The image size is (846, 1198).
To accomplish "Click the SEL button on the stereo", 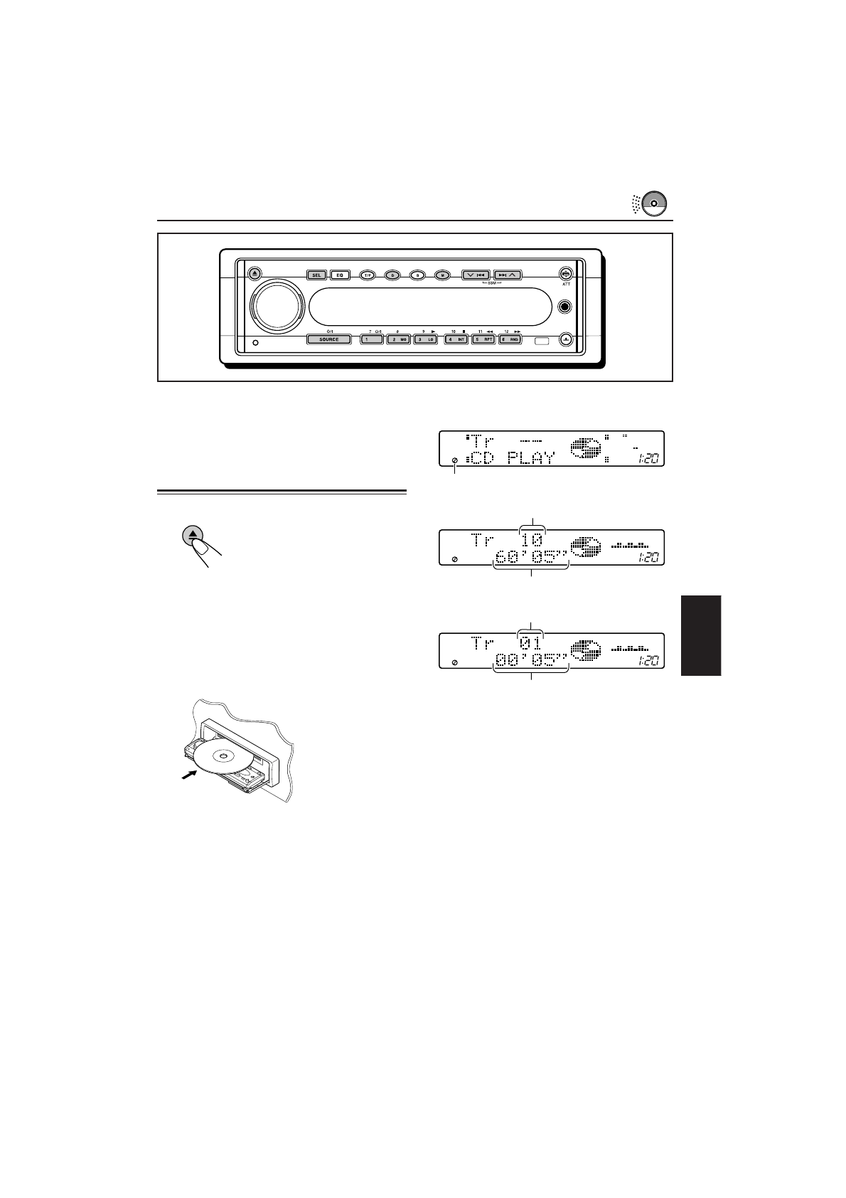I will point(316,275).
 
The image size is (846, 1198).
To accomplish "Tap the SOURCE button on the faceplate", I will point(328,339).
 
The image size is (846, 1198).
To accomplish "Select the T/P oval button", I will point(367,275).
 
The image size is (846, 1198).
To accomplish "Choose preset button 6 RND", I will point(509,339).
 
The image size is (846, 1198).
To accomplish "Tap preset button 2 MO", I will point(398,339).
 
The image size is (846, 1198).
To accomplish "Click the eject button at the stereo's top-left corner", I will point(255,273).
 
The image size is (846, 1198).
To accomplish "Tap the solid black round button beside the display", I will point(565,307).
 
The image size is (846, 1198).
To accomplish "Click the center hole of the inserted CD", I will point(225,756).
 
